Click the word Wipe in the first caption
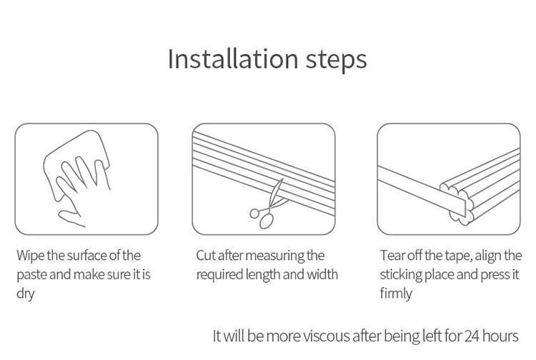pos(31,255)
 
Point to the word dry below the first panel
pos(24,294)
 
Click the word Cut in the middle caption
pos(207,255)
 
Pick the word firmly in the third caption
pos(396,294)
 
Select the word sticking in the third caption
pos(404,274)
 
